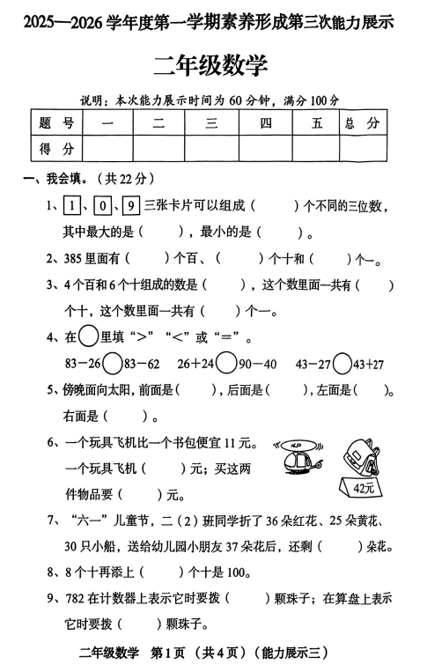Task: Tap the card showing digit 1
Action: [71, 207]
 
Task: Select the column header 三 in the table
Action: [211, 123]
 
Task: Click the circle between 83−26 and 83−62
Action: [113, 363]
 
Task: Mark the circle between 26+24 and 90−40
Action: [226, 363]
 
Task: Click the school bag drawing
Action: [362, 452]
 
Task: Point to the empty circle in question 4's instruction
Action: [88, 336]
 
